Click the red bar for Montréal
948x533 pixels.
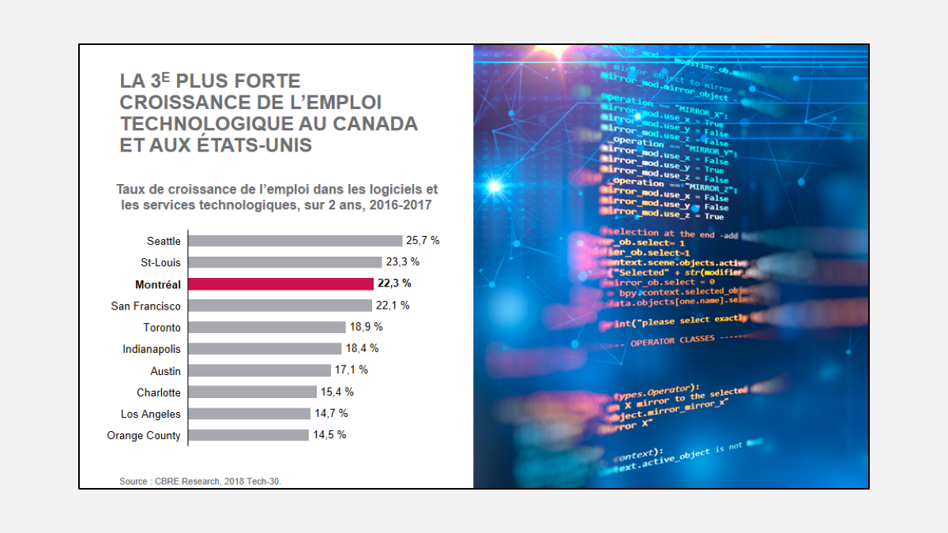click(280, 284)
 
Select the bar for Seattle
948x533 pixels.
click(295, 241)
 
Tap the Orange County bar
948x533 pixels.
click(248, 435)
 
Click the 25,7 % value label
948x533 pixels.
click(423, 241)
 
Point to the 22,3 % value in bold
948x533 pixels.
click(394, 283)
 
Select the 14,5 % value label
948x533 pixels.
click(329, 435)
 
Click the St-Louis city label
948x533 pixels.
click(160, 262)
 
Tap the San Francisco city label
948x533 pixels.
click(145, 306)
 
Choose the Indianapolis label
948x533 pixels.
click(152, 349)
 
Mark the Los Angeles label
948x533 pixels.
click(151, 414)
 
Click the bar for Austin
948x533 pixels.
click(260, 370)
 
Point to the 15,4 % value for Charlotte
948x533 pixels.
click(337, 392)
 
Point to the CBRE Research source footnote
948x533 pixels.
click(200, 480)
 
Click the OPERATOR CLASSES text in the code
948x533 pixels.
click(672, 340)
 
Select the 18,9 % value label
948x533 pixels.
click(366, 327)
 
